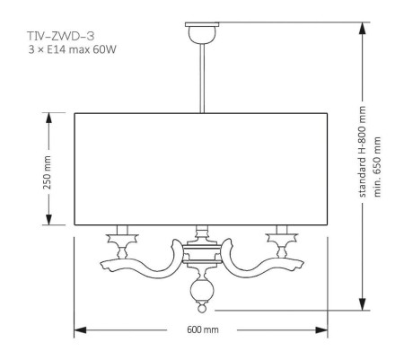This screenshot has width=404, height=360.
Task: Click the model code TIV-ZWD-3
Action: coord(57,37)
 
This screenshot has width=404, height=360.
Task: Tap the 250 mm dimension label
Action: coord(48,168)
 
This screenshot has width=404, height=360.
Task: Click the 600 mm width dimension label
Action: coord(201,329)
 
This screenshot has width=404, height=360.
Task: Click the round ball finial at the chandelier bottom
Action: coord(201,293)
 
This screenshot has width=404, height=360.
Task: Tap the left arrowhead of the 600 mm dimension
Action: coord(77,329)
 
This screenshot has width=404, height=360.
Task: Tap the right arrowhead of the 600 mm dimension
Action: coord(325,329)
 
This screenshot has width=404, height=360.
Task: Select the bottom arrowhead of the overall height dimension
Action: coord(363,305)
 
